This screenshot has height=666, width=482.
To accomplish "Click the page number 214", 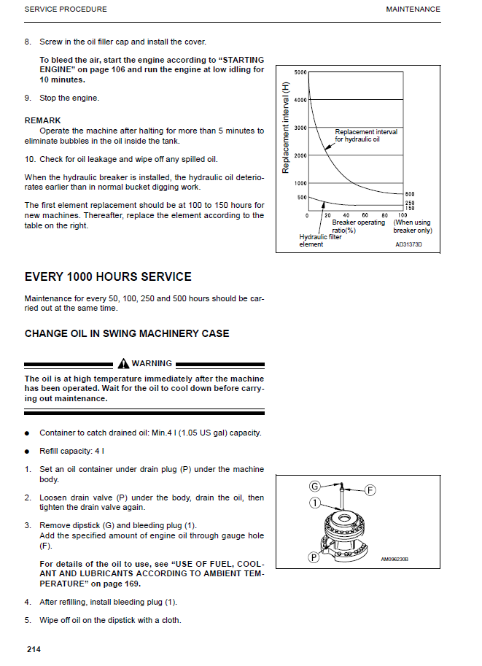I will pos(33,648).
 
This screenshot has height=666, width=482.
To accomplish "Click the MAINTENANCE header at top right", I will pos(413,9).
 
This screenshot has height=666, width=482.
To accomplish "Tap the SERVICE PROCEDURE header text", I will pos(66,9).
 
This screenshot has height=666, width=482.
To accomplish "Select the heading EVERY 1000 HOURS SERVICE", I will pos(108,277).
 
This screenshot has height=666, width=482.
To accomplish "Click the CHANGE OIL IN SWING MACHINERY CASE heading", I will pos(127,333).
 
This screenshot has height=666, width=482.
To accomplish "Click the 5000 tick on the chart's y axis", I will pos(300,73).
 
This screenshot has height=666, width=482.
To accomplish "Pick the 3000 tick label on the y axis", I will pos(300,128).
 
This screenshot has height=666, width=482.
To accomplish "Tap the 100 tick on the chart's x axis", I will pos(402,215).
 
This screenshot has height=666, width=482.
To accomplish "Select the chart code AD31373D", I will pos(408,245).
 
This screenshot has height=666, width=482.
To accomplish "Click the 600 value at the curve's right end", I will pos(410,194).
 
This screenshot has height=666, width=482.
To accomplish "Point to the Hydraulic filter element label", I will pos(320,240).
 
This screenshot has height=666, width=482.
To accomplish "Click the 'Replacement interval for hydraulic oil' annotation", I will pos(366,136).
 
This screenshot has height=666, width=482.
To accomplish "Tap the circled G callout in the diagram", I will pos(315,486).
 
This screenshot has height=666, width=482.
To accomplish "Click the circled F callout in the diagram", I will pos(370,490).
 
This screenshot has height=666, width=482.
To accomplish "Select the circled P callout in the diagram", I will pos(314,558).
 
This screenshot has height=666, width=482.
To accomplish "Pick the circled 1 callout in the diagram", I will pos(315,503).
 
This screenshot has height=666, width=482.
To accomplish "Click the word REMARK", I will pos(43,120).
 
